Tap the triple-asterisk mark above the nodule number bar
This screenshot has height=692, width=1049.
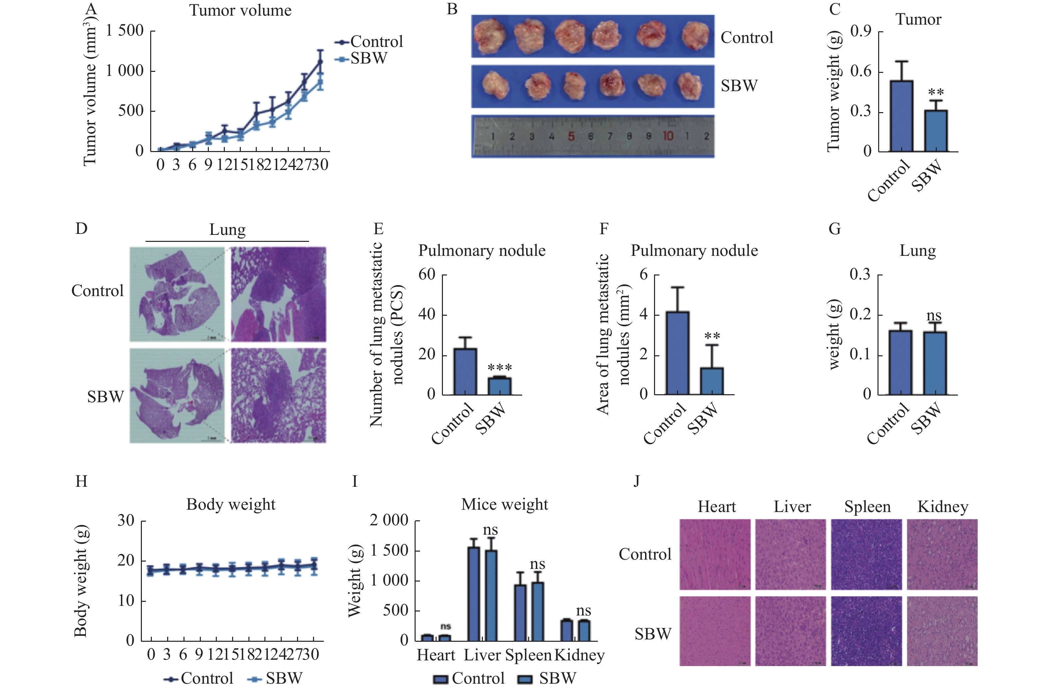coord(500,368)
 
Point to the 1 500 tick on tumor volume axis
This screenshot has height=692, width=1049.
coord(125,31)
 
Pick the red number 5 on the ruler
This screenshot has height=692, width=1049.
coord(571,136)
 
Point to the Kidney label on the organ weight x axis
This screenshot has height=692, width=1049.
coord(579,655)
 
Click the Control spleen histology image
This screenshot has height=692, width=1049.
coord(866,554)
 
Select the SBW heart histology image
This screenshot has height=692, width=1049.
coord(715,631)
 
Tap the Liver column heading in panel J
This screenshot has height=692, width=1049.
coord(792,507)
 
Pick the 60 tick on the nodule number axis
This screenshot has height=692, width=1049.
coord(427,274)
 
